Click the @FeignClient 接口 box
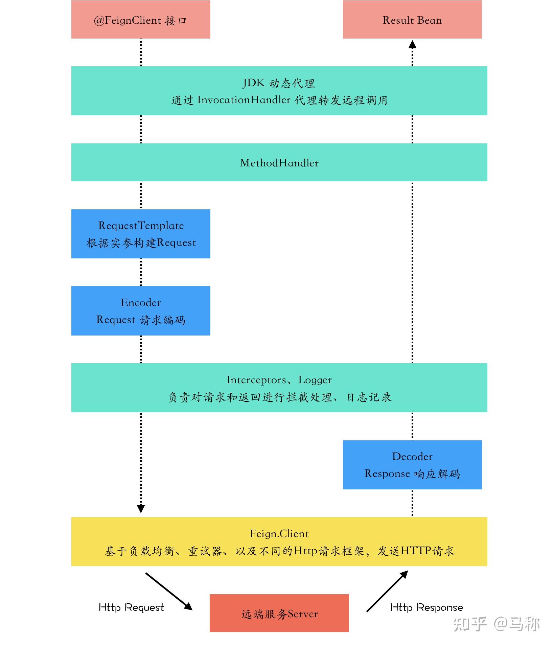141,20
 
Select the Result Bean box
412,20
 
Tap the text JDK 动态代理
279,83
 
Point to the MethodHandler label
279,163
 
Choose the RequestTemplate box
141,234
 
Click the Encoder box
141,310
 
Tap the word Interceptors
256,380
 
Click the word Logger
315,380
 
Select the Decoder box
412,464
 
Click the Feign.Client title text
279,534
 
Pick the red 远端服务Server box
279,613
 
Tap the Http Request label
131,607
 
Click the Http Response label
426,607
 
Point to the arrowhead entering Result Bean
412,44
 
